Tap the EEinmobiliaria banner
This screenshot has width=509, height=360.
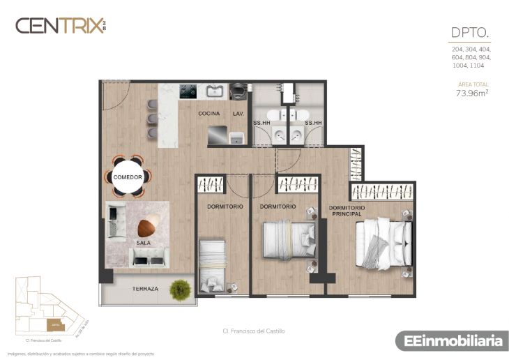tap(449, 341)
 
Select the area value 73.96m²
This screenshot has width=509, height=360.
tap(471, 92)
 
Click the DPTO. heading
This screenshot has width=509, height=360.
tap(471, 32)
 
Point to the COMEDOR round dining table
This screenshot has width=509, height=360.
tap(128, 177)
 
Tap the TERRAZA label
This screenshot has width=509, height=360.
tap(145, 288)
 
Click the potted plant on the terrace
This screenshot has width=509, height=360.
tap(181, 287)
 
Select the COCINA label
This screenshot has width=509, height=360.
tap(208, 113)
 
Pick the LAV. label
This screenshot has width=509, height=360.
tap(238, 113)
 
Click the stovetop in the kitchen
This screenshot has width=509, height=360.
tap(188, 91)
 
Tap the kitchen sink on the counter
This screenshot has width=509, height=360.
tap(213, 91)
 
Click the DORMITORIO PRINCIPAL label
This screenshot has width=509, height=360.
tap(346, 211)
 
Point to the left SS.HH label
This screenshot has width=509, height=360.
tap(262, 123)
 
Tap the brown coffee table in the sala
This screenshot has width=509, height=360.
tap(147, 228)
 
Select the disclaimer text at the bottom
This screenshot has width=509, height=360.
tap(80, 354)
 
